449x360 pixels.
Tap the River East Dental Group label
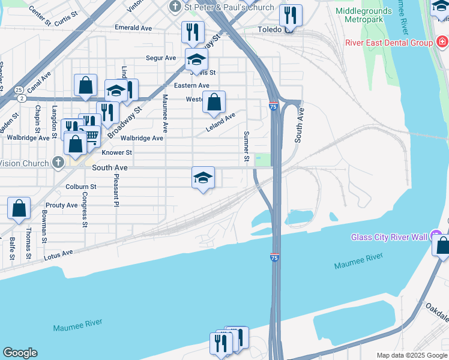click(388, 43)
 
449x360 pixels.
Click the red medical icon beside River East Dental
click(442, 42)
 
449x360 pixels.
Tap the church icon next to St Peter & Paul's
click(175, 7)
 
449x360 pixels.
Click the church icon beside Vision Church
click(57, 163)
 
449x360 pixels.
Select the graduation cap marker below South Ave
click(203, 178)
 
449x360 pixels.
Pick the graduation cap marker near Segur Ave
click(196, 59)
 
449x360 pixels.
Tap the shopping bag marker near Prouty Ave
click(19, 208)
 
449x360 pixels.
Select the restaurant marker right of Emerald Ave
click(193, 32)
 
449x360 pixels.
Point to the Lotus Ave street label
click(58, 255)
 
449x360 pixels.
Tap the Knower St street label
click(116, 152)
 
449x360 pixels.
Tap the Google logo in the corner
click(20, 353)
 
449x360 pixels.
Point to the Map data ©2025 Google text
click(412, 355)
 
